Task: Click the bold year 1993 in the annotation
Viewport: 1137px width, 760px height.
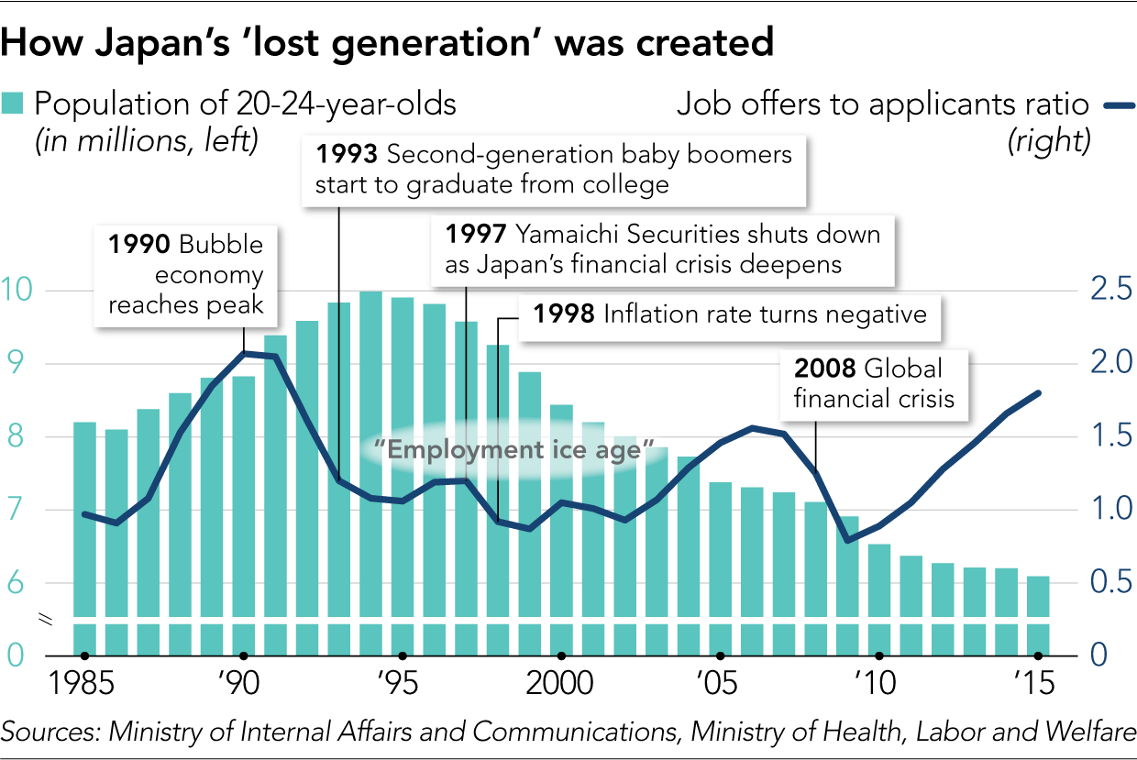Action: point(346,154)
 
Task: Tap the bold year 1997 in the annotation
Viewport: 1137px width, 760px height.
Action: point(476,235)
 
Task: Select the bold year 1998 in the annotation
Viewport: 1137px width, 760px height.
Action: point(564,314)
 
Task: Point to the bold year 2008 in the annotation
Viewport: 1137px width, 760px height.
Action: point(825,369)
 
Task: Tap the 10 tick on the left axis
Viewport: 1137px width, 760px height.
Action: point(18,290)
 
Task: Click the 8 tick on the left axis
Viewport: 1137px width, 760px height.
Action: point(15,436)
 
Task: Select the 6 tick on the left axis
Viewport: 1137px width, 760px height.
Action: point(15,583)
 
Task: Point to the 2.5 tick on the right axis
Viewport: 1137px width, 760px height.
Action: point(1110,290)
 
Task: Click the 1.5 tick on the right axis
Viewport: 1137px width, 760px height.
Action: point(1110,436)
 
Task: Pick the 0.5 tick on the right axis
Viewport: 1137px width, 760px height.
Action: point(1110,583)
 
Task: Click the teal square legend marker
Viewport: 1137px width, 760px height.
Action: point(12,103)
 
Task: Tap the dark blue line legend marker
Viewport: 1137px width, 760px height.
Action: point(1119,106)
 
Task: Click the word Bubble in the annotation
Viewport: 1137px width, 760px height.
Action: point(221,245)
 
